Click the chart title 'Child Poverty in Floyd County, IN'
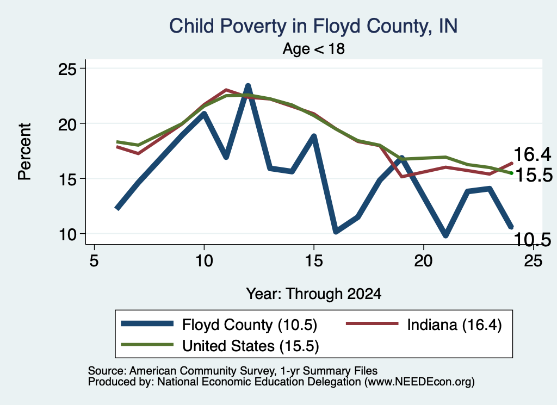313,27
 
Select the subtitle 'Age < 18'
314,48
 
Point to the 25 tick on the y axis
67,68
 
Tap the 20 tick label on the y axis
67,123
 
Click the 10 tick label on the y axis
67,234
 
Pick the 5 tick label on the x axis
94,261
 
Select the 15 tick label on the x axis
314,261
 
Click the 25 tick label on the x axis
533,261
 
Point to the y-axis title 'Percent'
24,152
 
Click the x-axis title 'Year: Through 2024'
314,294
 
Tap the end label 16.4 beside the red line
532,154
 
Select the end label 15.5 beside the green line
534,175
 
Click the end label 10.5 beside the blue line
532,240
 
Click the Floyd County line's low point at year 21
445,235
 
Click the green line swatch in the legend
147,345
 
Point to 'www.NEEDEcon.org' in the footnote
419,382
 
